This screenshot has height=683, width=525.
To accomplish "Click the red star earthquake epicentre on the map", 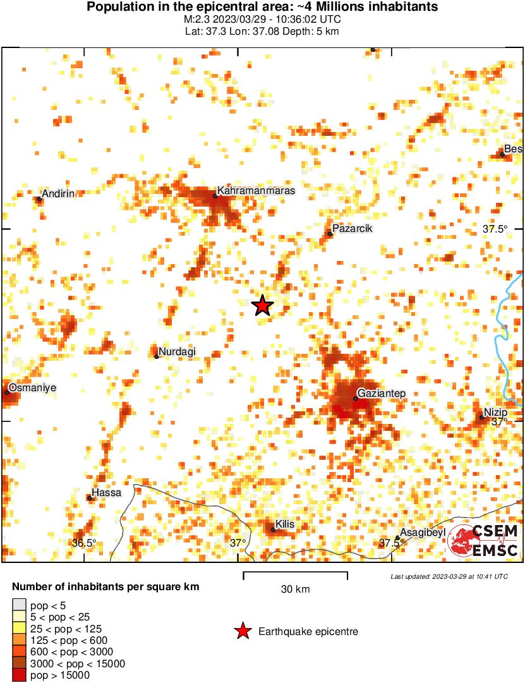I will coord(262,306).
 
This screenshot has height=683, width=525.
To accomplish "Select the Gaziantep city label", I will coord(382,394).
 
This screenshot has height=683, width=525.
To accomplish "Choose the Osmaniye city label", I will coord(32,387).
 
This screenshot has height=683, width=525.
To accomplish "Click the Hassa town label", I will coord(106,493).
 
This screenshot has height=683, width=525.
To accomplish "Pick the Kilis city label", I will coord(285,524).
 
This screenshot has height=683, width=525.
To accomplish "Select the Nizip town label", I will coord(496,413).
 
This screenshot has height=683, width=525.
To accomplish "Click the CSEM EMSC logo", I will coord(484,541).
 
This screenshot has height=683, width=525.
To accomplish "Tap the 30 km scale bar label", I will coord(295,589).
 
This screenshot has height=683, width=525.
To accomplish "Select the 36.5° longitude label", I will coord(84,543).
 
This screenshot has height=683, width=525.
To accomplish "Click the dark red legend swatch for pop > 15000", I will coord(19,675).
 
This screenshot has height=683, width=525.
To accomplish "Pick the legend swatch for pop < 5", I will coord(19,605).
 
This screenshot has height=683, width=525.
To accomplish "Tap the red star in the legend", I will coord(242,631).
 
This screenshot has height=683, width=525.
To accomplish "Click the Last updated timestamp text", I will coord(449,576).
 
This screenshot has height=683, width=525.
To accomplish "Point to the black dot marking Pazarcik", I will coord(330,234).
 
